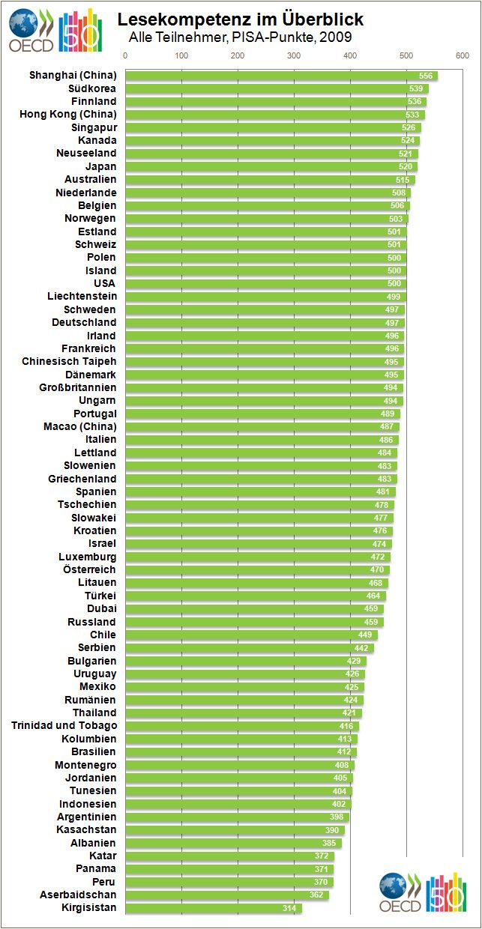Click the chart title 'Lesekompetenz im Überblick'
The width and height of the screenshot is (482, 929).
coord(240,19)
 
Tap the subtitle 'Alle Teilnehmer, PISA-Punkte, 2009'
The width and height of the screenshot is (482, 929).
coord(240,37)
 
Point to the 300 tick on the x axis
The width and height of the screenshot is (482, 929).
coord(294,55)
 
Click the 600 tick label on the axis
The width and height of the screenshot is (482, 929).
coord(463,55)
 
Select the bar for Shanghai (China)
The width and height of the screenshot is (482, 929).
coord(281,76)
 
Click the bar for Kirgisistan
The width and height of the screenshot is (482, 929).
coord(213,908)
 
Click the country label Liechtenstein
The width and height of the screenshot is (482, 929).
coord(82,297)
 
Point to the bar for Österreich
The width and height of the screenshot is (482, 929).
coord(257,569)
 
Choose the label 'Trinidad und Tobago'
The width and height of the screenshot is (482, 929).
coord(64,725)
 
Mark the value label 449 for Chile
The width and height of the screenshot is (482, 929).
coord(365,635)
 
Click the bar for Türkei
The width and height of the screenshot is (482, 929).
coord(256,596)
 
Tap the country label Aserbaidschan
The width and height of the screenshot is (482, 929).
coord(78,895)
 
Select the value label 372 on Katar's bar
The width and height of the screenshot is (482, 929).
coord(322,856)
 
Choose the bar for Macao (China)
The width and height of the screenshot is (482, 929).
coord(262,426)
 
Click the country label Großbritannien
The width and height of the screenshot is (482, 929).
coord(78,387)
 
